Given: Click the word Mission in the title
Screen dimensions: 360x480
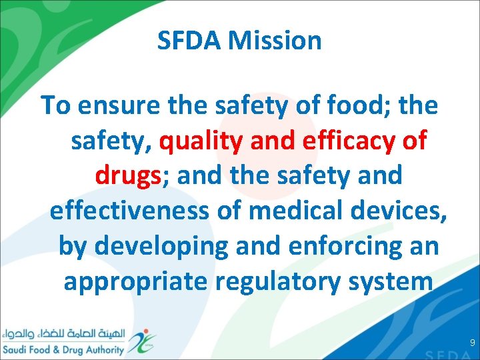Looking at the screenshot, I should click(275, 41).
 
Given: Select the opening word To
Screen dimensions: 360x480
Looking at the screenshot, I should click(54, 105).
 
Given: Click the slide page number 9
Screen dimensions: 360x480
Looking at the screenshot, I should click(472, 343).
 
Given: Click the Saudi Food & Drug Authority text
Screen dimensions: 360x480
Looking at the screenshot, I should click(63, 350).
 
